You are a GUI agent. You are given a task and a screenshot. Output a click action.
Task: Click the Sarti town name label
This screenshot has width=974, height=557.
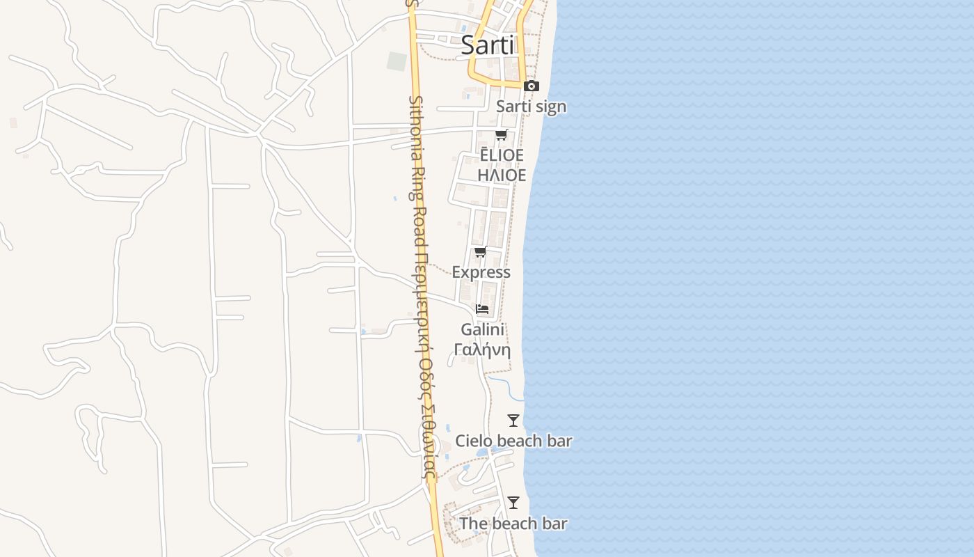tap(487, 46)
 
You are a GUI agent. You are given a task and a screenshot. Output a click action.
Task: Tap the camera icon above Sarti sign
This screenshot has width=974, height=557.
tap(532, 86)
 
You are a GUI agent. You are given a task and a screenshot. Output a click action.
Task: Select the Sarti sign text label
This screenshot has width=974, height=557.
tap(531, 107)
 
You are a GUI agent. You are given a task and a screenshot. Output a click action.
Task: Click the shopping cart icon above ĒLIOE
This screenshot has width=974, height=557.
tap(501, 134)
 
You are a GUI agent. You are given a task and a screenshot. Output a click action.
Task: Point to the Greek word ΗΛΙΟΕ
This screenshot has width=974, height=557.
tap(502, 175)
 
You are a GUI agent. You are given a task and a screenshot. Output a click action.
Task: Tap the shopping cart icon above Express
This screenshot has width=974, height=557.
tap(480, 252)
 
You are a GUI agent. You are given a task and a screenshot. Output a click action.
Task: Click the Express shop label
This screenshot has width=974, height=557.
tap(481, 272)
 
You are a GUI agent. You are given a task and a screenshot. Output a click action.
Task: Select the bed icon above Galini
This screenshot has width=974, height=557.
tap(482, 308)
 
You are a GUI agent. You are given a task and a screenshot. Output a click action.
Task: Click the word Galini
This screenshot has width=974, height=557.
tap(482, 329)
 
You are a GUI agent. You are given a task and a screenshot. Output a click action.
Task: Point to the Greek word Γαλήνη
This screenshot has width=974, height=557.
tap(482, 350)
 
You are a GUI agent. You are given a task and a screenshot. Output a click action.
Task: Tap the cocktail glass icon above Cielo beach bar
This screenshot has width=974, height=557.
tap(513, 421)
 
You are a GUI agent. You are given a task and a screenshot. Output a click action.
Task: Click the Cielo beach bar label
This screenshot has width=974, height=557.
tap(513, 441)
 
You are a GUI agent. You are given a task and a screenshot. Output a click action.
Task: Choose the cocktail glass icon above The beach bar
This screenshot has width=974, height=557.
tap(513, 503)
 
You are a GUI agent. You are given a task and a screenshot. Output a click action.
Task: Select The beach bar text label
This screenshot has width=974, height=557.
tap(513, 524)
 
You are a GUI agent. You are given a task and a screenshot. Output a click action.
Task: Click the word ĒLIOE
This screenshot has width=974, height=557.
tap(502, 155)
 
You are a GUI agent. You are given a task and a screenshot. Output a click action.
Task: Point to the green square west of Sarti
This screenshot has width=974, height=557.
tap(397, 61)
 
